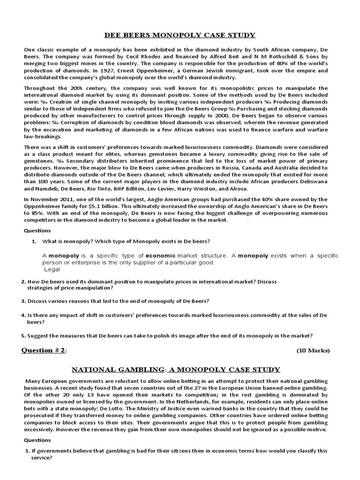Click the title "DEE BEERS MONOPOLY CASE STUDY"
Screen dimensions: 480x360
pyautogui.click(x=180, y=35)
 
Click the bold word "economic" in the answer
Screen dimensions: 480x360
pyautogui.click(x=160, y=256)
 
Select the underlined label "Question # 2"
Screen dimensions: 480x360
pyautogui.click(x=47, y=351)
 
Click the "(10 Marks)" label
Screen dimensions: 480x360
pyautogui.click(x=313, y=351)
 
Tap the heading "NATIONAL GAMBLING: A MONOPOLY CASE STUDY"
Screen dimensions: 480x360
pyautogui.click(x=180, y=370)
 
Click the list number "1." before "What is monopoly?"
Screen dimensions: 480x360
pyautogui.click(x=34, y=241)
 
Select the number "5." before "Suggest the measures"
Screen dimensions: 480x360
pyautogui.click(x=23, y=336)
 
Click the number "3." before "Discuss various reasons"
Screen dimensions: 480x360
pyautogui.click(x=23, y=300)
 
